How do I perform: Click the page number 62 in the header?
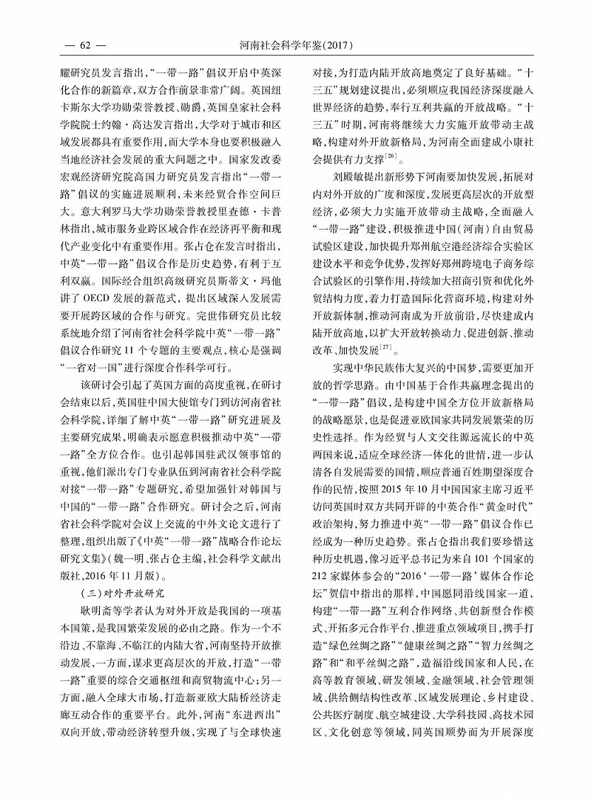click(84, 46)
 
